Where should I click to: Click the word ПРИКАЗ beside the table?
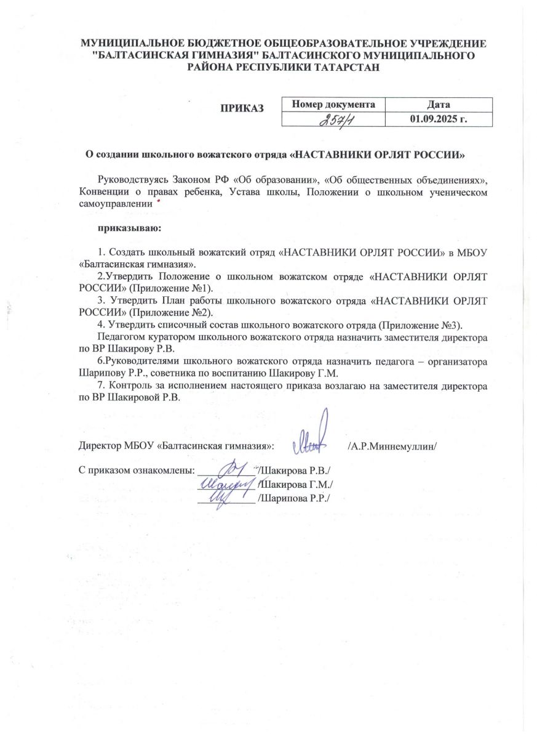(x=242, y=108)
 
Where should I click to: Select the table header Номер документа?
(x=333, y=104)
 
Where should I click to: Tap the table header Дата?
(x=439, y=104)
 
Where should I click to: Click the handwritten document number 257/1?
(x=333, y=119)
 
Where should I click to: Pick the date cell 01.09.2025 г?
(x=439, y=118)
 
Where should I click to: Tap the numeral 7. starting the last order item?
(x=102, y=385)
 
